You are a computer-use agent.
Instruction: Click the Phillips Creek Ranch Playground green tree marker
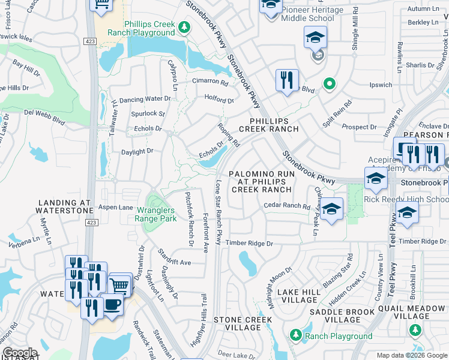(184, 27)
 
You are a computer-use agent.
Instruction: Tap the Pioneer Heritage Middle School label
(312, 14)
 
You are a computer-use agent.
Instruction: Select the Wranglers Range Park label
(155, 214)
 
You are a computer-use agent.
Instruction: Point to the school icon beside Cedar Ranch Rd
(331, 209)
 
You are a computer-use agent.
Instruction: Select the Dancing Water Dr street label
(145, 99)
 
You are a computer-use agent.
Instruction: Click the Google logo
(20, 353)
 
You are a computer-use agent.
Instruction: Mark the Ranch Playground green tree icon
(295, 334)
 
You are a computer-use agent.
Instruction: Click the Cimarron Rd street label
(209, 83)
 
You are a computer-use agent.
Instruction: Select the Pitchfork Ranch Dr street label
(189, 218)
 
